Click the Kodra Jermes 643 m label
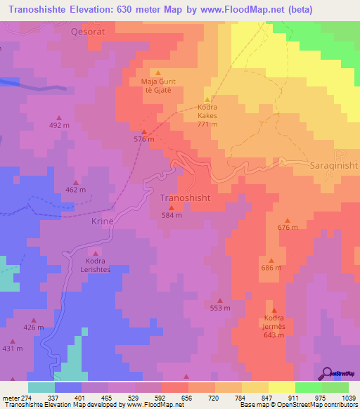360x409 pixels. (x=274, y=325)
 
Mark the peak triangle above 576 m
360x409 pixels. (x=144, y=131)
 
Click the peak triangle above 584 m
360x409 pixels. (x=172, y=207)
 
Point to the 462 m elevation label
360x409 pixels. (x=75, y=190)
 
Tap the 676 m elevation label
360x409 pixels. (x=288, y=228)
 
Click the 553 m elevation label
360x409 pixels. (x=220, y=308)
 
